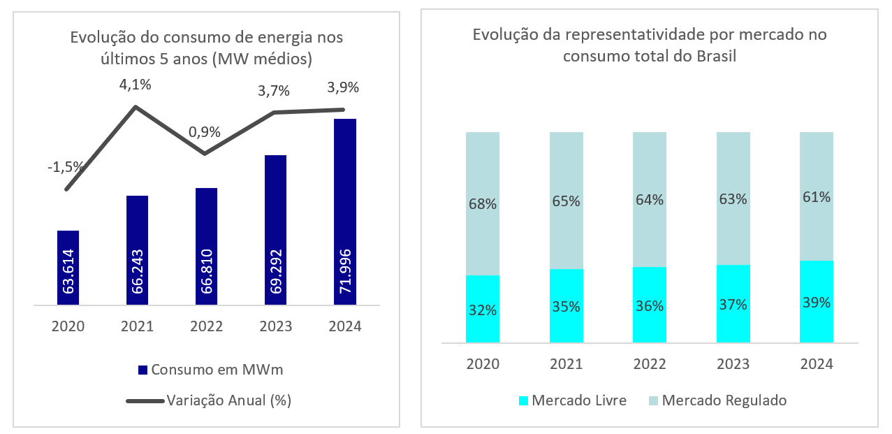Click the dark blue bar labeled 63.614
tap(68, 268)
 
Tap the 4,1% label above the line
tap(136, 85)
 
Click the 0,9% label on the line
tap(205, 131)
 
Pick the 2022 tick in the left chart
tap(206, 326)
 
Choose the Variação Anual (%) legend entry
tap(210, 400)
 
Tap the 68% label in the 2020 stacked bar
tap(483, 205)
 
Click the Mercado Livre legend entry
tap(572, 400)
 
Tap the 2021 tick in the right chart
tap(566, 364)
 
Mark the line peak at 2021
tap(136, 106)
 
